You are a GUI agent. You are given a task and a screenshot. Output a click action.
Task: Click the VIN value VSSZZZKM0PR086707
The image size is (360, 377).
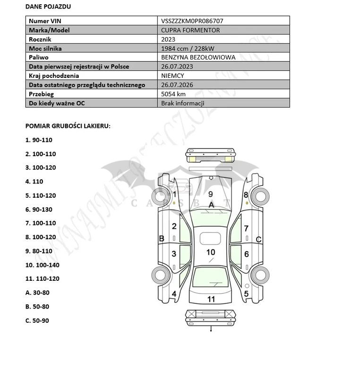192,21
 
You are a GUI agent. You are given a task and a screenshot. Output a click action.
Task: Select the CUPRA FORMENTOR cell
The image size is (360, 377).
190,30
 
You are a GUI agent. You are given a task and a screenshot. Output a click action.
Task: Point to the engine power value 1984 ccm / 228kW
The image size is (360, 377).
187,49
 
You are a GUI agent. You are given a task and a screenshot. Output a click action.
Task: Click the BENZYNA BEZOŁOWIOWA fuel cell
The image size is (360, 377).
198,58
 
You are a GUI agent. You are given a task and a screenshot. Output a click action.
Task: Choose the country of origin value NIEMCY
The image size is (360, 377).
172,75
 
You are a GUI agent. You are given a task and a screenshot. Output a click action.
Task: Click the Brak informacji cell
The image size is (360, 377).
182,103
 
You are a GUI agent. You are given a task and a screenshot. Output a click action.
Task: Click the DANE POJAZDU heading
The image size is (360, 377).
49,7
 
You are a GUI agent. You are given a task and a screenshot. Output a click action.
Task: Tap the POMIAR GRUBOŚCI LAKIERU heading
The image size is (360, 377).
68,126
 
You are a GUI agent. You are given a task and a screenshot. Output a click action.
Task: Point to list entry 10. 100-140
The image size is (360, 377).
43,265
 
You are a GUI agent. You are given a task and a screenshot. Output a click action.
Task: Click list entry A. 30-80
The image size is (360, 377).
37,293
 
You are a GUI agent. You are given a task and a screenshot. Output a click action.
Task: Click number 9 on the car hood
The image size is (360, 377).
211,194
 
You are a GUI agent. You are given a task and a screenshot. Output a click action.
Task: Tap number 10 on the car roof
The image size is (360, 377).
211,253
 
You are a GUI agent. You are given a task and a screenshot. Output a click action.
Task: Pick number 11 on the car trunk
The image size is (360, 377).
211,299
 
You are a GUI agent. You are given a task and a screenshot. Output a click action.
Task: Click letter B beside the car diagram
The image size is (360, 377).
162,239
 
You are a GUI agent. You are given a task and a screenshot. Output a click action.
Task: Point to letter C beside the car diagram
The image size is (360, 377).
259,240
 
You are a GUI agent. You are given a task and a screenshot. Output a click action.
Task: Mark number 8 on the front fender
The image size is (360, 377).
246,194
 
